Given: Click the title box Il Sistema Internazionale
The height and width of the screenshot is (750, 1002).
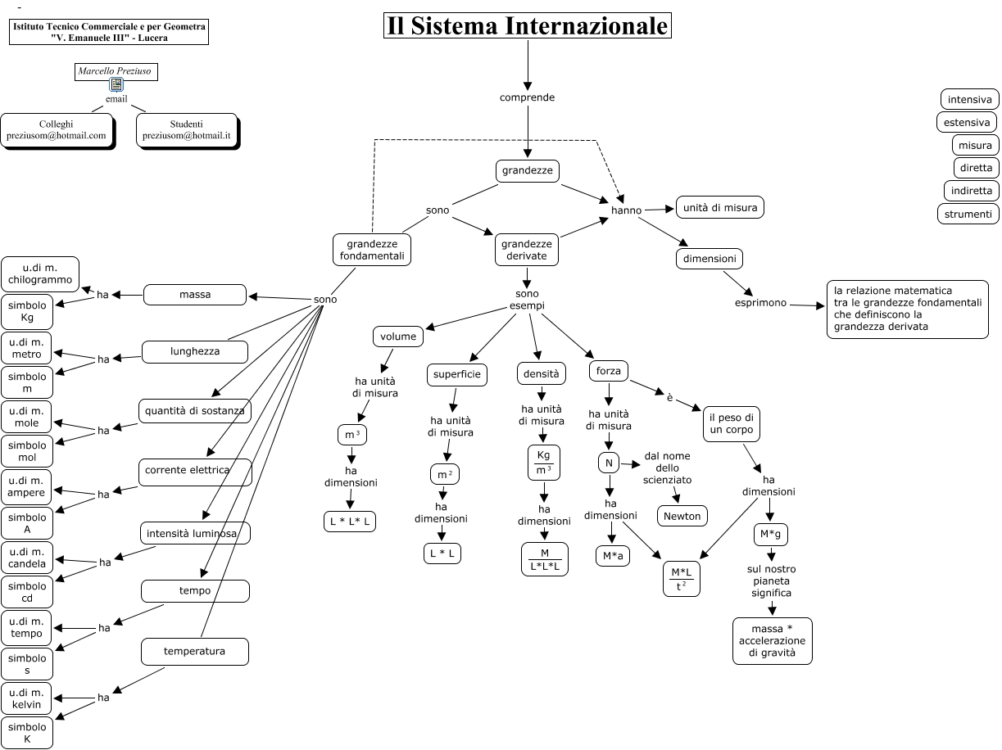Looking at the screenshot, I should (528, 26).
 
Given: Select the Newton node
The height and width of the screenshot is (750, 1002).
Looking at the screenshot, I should (682, 516).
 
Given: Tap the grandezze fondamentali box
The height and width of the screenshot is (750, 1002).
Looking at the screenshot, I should (371, 251).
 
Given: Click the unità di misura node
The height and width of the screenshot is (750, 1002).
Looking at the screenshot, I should (719, 208).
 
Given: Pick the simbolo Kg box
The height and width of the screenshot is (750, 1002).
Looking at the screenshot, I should (27, 311).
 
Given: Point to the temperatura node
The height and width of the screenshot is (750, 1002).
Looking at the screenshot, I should (194, 652).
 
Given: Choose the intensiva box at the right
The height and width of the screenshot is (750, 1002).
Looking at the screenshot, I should (969, 100).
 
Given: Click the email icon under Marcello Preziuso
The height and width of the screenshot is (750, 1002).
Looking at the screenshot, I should (116, 85).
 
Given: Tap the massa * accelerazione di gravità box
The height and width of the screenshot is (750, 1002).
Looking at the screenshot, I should (772, 641).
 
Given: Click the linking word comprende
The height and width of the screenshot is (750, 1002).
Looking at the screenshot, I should (527, 97).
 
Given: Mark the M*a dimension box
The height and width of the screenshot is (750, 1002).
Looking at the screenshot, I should (612, 556).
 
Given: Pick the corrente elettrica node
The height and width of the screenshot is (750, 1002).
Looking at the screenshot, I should (195, 471).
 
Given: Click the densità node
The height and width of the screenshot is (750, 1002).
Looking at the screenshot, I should (542, 373).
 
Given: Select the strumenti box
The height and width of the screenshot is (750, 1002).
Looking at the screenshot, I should (968, 214).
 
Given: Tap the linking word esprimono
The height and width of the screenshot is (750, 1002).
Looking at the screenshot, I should (759, 303).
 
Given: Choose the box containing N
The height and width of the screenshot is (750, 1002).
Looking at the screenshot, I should (608, 463).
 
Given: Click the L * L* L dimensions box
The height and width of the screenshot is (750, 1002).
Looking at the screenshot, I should (350, 521).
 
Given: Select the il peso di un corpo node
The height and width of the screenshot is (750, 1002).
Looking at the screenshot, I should (731, 424).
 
